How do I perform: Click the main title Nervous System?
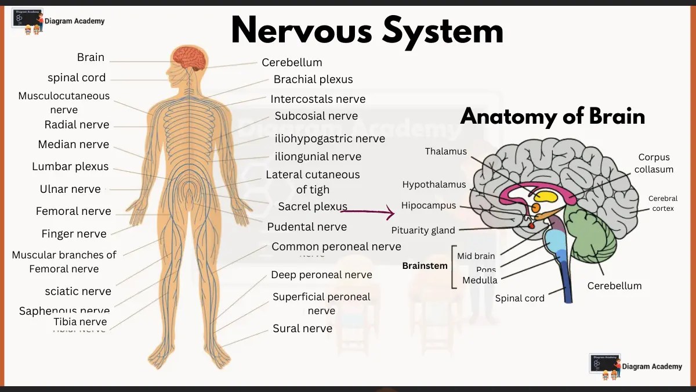tap(367, 30)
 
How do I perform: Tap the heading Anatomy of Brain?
tap(552, 117)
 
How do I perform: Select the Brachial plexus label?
tap(313, 80)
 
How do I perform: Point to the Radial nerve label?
tap(77, 125)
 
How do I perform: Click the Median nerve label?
tap(73, 145)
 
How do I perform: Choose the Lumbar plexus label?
tap(70, 167)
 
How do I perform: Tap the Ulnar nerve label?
tap(70, 189)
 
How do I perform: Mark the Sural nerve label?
tap(302, 329)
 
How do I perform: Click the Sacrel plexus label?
tap(313, 207)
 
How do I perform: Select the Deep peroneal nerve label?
tap(321, 275)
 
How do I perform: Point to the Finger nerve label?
tap(74, 234)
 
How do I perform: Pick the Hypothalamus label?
tap(434, 185)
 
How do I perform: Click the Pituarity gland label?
tap(423, 231)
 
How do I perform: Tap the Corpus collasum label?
tap(654, 163)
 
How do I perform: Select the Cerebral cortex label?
tap(662, 203)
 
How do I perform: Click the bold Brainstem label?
tap(425, 266)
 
